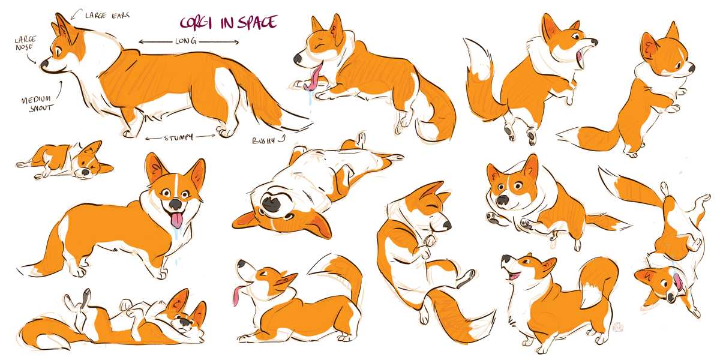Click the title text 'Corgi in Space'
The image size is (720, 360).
coord(228,23)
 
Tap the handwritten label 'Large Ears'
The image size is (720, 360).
coord(107,16)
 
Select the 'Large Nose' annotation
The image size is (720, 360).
coord(25,43)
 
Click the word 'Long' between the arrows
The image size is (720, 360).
coord(186,41)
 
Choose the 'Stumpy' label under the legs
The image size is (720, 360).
coord(179,137)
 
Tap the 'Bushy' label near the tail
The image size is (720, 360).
coord(263,140)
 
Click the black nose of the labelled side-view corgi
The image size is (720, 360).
coord(44,64)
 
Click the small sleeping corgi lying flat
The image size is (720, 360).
coord(64,161)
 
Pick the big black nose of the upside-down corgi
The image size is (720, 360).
coord(272,203)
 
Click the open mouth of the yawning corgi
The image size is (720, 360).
coord(580,58)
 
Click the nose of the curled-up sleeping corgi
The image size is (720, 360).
coord(447,226)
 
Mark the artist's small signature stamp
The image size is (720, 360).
coord(618,327)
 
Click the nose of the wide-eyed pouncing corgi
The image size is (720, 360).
coord(502,200)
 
